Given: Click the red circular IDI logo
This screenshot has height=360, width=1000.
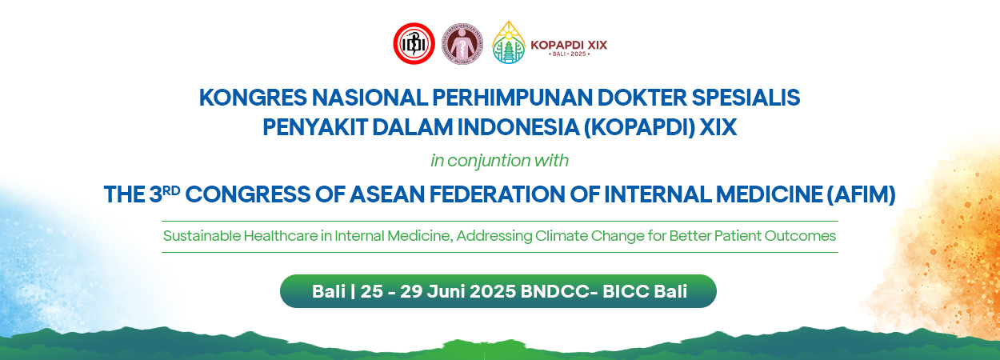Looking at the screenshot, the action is coord(414,43).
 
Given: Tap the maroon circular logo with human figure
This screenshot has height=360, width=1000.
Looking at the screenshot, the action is coord(462,43).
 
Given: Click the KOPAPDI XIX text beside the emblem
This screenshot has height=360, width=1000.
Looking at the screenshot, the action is coord(569,45).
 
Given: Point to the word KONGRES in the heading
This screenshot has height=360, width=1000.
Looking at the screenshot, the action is coord(253,98).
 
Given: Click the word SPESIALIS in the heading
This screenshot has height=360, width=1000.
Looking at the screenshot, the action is coord(746,98).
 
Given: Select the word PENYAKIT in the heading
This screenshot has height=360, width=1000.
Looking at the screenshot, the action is coord(314,127).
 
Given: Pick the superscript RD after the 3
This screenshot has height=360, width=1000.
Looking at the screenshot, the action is coord(171,190).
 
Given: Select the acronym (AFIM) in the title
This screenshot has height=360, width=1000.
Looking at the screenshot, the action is coord(861,194).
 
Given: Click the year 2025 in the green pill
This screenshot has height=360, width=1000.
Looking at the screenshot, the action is coord(493,291).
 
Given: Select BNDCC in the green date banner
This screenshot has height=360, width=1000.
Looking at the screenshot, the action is coord(555,291).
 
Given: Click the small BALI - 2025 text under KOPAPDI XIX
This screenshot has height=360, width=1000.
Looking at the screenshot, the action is coord(569,54).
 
